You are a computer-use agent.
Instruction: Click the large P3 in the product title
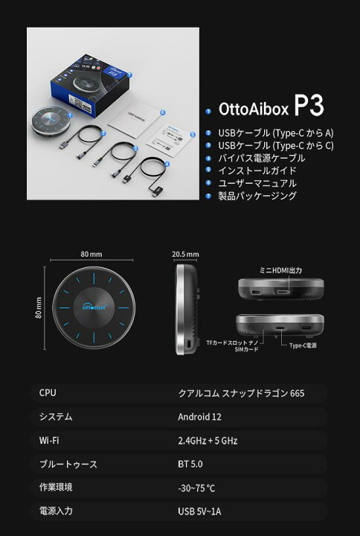(x=308, y=106)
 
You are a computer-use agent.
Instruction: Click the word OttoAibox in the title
(x=253, y=109)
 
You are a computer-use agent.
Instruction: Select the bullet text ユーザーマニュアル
(x=257, y=183)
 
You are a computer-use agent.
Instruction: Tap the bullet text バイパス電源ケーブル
(x=262, y=158)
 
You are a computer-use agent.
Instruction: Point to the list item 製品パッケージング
(x=257, y=196)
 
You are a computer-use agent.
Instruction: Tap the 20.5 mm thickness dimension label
(x=185, y=254)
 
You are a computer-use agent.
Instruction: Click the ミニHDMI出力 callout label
(x=280, y=270)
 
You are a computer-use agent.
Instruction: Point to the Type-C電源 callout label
(x=304, y=346)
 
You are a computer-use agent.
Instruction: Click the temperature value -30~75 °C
(x=197, y=488)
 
